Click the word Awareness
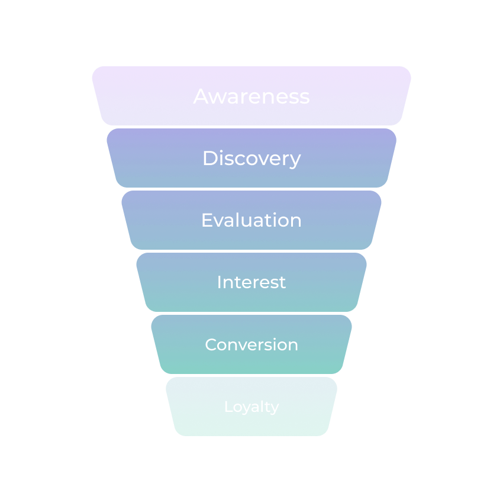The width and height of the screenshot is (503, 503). (251, 96)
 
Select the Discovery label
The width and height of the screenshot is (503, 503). (252, 159)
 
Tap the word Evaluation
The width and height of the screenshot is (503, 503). (251, 220)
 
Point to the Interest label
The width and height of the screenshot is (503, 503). (251, 282)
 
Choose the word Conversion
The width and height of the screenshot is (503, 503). (251, 344)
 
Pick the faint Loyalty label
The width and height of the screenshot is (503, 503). (252, 407)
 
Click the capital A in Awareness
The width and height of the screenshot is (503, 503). (201, 96)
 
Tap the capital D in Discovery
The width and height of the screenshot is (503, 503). (211, 158)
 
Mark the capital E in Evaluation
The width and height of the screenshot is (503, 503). (207, 220)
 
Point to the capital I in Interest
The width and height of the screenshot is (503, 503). (219, 282)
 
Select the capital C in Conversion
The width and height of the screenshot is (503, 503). (212, 344)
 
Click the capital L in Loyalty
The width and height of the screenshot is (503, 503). (229, 406)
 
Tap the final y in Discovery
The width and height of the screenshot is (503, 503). (295, 161)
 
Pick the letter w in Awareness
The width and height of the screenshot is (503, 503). (218, 98)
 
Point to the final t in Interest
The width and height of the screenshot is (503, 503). (282, 283)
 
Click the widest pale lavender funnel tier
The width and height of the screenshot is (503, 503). (251, 96)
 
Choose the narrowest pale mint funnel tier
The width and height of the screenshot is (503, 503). (251, 407)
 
